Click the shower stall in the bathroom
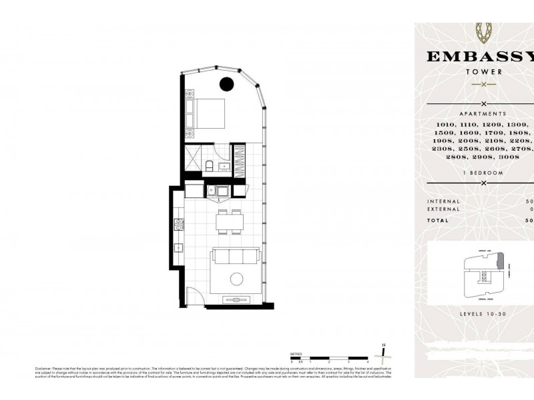coord(194,160)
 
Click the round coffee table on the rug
coord(238,279)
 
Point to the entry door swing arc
coord(193,294)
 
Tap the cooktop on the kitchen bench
coord(178,225)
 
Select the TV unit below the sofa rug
coord(237,300)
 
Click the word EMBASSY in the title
coord(479,56)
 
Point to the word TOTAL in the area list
coord(438,220)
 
